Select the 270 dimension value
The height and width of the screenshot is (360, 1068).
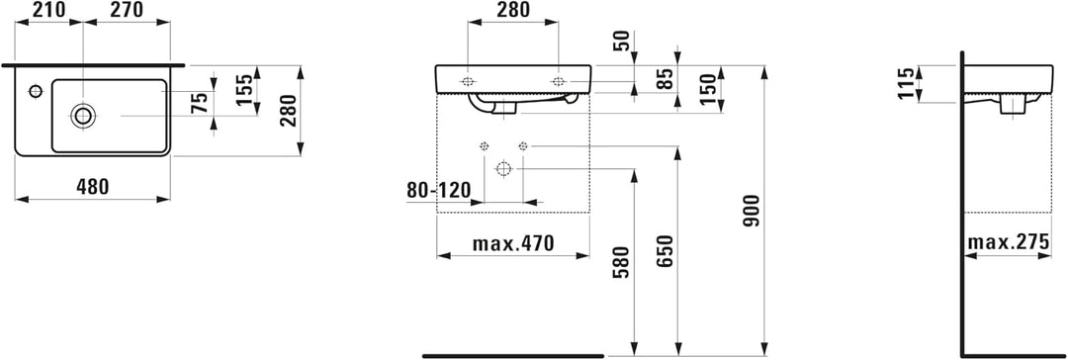[126, 10]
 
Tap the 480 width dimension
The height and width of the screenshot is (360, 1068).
[92, 187]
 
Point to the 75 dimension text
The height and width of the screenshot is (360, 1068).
[199, 104]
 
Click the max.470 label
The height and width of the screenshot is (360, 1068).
[512, 242]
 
